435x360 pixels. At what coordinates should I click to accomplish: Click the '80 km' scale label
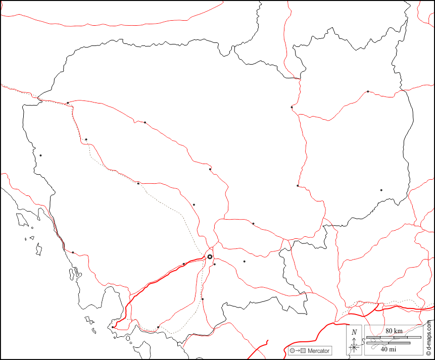coord(394,331)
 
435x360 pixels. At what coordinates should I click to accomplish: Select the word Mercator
coord(318,351)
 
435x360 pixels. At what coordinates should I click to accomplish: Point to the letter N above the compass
coord(354,332)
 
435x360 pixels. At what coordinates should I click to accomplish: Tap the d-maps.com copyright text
coord(429,337)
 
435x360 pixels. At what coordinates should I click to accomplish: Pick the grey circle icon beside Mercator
coord(292,351)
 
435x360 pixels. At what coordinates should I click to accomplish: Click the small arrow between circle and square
coord(298,351)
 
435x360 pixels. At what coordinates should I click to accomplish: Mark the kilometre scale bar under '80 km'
coord(394,337)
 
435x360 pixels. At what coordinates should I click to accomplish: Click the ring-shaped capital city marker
coord(210,257)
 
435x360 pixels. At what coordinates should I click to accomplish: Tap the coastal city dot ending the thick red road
coord(113,327)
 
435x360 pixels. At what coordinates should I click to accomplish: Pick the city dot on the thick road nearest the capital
coord(183,264)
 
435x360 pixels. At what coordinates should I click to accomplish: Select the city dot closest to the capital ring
coord(214,264)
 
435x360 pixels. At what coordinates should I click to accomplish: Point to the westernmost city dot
coord(40,155)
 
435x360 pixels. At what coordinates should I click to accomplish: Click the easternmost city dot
coord(381,190)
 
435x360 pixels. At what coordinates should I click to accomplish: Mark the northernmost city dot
coord(368,91)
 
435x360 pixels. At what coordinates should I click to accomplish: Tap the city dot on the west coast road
coord(73,252)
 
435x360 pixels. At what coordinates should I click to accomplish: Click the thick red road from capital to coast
coord(152,285)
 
